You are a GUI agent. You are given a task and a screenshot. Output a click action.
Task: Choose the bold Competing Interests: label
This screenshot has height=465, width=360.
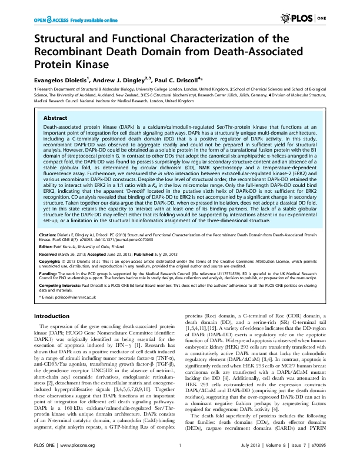[x=58, y=300]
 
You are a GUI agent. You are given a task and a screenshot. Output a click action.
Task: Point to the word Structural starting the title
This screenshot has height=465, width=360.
[x=61, y=39]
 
